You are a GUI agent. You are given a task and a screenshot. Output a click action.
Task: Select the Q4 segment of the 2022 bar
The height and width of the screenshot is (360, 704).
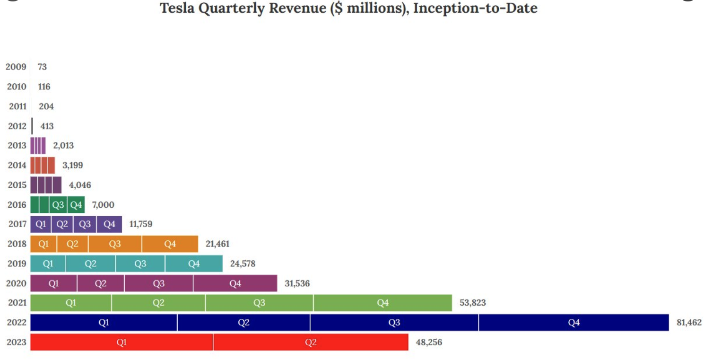pyautogui.click(x=574, y=323)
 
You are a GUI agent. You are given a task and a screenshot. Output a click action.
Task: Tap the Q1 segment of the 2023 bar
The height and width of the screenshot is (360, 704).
pyautogui.click(x=122, y=342)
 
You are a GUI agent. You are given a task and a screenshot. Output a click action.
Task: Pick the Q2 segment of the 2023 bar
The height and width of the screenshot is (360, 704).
pyautogui.click(x=311, y=342)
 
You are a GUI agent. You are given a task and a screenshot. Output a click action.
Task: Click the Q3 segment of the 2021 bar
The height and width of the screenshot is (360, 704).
pyautogui.click(x=259, y=303)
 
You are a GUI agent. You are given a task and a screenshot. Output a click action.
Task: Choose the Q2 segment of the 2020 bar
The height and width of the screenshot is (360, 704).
pyautogui.click(x=101, y=283)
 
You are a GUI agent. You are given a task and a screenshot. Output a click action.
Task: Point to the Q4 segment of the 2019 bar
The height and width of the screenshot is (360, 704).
pyautogui.click(x=194, y=263)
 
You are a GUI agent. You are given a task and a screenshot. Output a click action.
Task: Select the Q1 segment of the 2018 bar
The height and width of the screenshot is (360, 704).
pyautogui.click(x=43, y=244)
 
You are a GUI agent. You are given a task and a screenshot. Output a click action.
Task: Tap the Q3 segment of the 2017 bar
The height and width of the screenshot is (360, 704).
pyautogui.click(x=85, y=224)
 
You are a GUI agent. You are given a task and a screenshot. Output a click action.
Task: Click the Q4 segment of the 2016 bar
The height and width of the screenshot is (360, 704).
pyautogui.click(x=76, y=205)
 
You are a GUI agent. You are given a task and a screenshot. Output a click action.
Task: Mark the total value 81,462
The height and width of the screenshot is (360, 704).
pyautogui.click(x=689, y=323)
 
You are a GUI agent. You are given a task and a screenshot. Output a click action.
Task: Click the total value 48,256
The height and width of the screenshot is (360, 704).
pyautogui.click(x=429, y=342)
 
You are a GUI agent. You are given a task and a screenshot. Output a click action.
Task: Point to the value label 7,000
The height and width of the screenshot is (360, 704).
pyautogui.click(x=103, y=205)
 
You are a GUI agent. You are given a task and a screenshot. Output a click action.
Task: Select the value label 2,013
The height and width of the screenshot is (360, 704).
pyautogui.click(x=63, y=145)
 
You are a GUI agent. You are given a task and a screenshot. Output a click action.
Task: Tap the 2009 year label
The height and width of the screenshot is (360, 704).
pyautogui.click(x=16, y=67)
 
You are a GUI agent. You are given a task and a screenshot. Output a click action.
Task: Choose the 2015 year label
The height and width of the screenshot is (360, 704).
pyautogui.click(x=17, y=185)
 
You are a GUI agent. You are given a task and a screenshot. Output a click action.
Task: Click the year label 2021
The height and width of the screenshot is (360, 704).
pyautogui.click(x=17, y=303)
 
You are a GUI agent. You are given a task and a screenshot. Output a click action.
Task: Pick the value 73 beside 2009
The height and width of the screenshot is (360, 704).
pyautogui.click(x=42, y=67)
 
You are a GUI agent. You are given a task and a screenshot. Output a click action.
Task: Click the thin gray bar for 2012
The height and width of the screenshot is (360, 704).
pyautogui.click(x=32, y=126)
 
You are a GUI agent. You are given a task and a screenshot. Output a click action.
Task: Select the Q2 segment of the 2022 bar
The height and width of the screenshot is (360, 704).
pyautogui.click(x=243, y=323)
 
